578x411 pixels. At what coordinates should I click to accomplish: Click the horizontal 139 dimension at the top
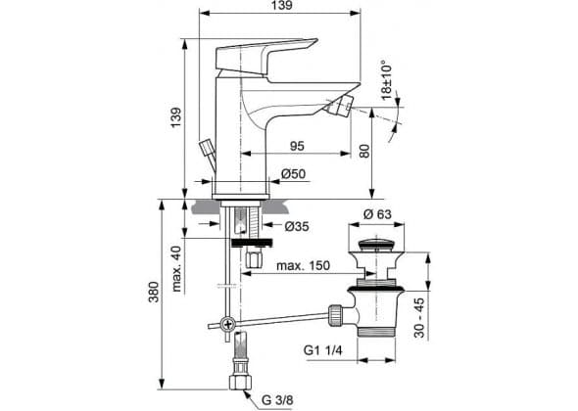click(x=283, y=5)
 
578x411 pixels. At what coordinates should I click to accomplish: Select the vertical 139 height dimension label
click(x=176, y=117)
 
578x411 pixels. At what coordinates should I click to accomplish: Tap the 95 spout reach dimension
click(x=297, y=146)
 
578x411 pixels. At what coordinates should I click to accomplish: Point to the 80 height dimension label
click(x=364, y=151)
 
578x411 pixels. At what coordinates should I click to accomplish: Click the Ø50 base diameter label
click(x=294, y=173)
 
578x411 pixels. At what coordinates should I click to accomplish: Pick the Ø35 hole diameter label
click(x=297, y=226)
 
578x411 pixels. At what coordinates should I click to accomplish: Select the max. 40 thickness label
click(x=176, y=268)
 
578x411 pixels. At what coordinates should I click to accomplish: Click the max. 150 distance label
click(x=303, y=265)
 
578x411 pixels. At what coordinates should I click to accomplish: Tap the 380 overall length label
click(x=154, y=292)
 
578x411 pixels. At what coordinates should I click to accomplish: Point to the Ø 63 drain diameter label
click(x=377, y=214)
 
